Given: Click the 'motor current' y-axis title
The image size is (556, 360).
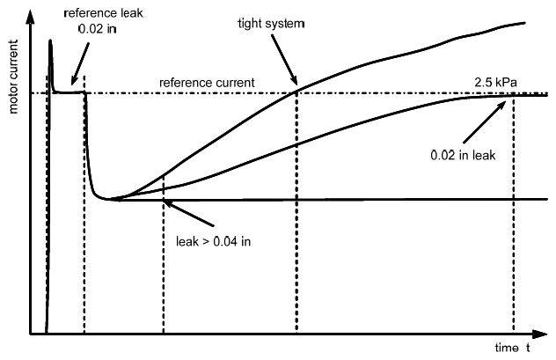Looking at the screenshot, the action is click(13, 77).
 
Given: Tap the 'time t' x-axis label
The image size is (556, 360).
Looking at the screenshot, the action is click(512, 348).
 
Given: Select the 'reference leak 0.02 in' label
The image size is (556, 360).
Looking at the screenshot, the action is click(103, 20).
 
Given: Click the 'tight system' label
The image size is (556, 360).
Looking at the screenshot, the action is click(271, 24).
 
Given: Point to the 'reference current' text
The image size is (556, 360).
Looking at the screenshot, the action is click(207, 83).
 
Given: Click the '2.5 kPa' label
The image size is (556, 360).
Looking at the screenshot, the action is click(495, 82).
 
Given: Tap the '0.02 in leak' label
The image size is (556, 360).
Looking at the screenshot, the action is click(463, 155).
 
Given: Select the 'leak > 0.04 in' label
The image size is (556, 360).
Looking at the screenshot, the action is click(213, 241).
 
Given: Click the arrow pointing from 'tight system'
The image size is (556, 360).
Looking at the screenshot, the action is click(284, 60).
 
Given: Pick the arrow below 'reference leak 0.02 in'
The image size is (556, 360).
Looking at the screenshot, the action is click(80, 64).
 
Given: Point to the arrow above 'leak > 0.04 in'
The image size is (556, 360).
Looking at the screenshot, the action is click(188, 213).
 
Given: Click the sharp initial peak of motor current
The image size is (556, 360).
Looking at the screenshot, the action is click(50, 40).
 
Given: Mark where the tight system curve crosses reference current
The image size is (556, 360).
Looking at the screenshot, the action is click(296, 92).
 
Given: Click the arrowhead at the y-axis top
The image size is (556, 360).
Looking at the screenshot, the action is click(31, 17).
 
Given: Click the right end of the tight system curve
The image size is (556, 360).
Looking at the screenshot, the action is click(524, 23).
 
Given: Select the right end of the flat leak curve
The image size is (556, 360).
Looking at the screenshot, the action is click(547, 199).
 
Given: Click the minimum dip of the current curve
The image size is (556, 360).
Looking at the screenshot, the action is click(111, 199).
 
